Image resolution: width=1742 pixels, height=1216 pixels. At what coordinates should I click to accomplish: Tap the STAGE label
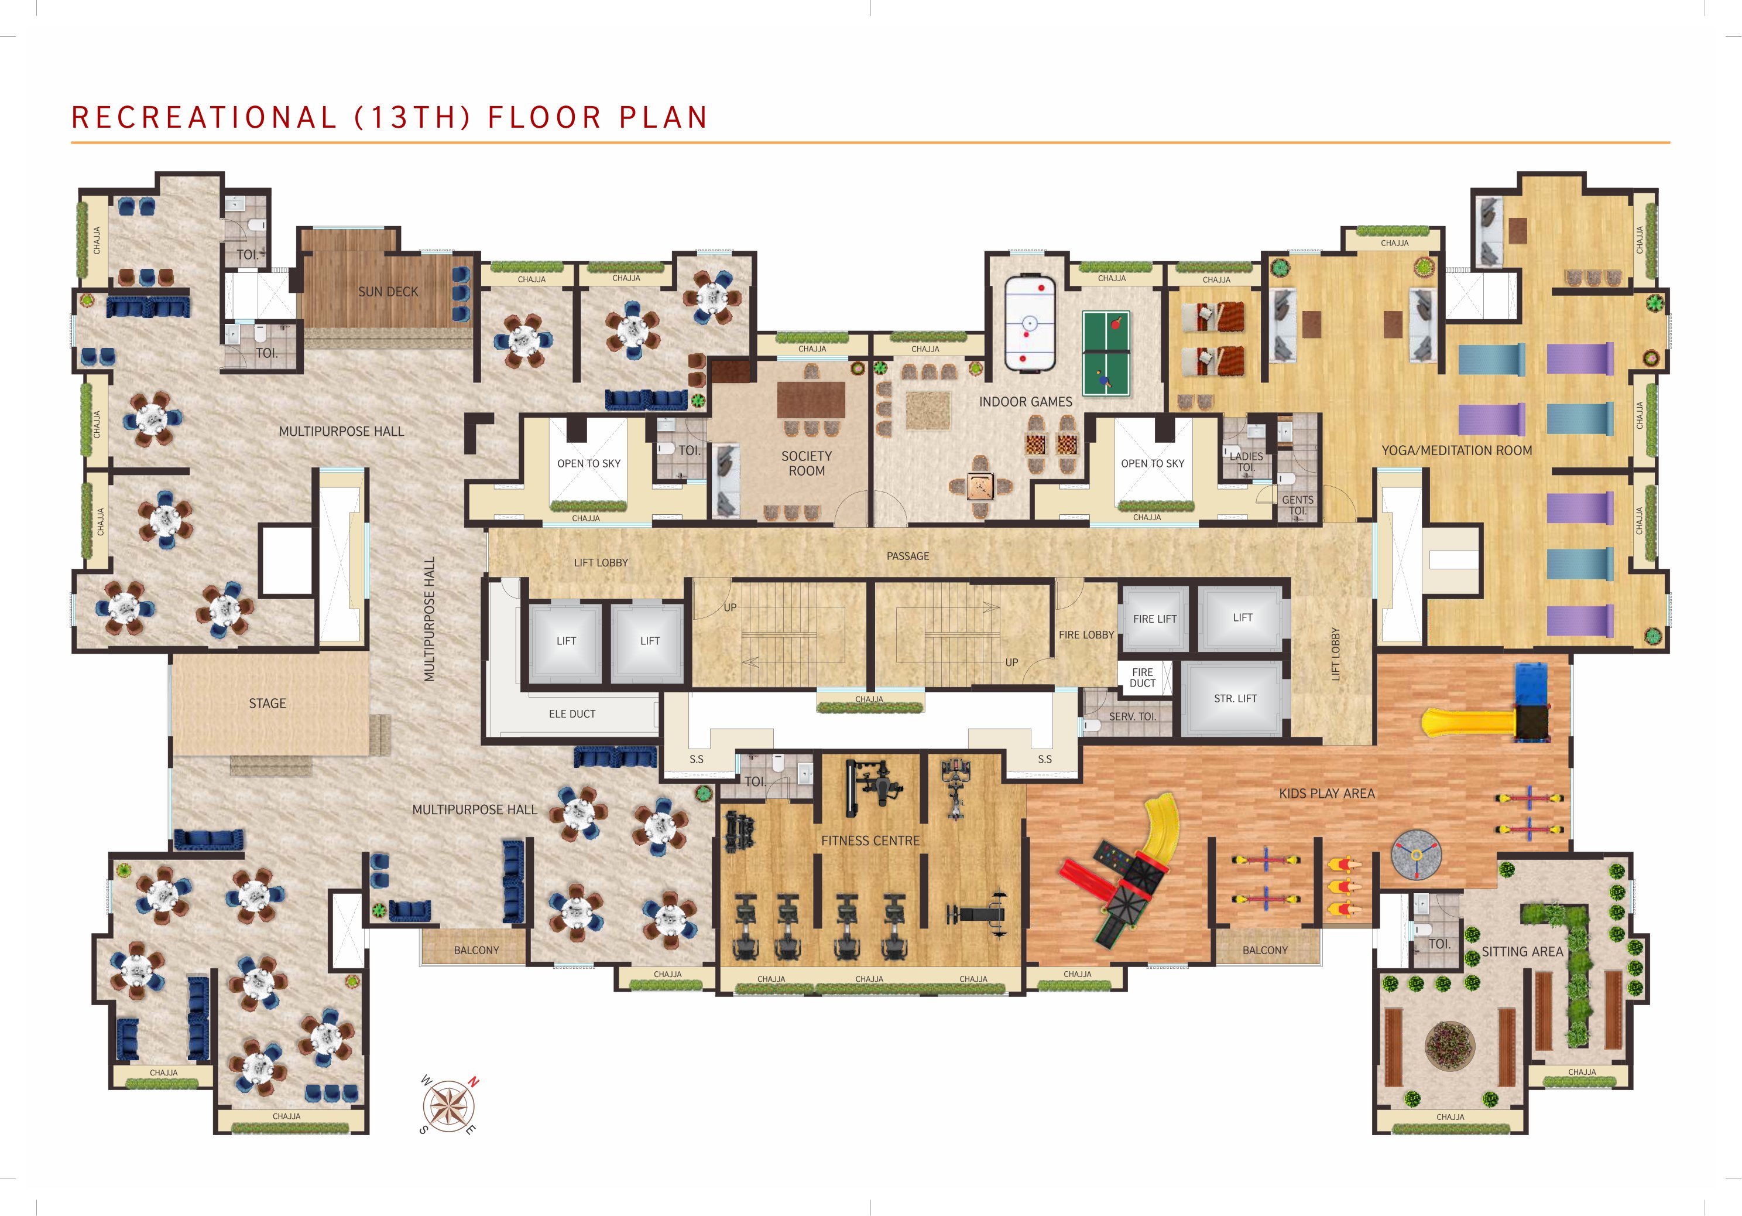tap(268, 703)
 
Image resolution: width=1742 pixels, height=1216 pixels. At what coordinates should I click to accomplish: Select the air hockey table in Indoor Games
tap(1030, 323)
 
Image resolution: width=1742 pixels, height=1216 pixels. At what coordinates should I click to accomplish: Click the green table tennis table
tap(1106, 353)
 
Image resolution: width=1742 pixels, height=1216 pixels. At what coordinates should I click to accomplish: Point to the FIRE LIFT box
tap(1155, 619)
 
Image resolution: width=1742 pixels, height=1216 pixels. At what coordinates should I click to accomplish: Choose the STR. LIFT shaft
tap(1235, 698)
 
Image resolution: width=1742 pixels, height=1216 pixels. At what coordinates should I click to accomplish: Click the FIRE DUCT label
tap(1143, 678)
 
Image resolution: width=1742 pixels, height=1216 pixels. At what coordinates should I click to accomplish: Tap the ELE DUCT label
tap(572, 714)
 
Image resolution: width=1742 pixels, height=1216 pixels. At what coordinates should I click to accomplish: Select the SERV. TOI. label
tap(1133, 716)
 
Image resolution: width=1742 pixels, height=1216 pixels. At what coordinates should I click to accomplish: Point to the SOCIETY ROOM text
tap(807, 463)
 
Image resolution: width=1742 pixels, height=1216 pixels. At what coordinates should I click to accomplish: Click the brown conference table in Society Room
tap(811, 399)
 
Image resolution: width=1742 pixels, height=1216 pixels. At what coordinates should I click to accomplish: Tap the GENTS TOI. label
tap(1297, 505)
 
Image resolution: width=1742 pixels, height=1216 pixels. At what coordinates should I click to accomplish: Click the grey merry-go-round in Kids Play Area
tap(1416, 855)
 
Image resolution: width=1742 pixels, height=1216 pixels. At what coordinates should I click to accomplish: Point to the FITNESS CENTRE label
tap(870, 841)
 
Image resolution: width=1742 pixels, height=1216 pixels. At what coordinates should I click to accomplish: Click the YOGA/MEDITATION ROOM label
tap(1457, 450)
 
